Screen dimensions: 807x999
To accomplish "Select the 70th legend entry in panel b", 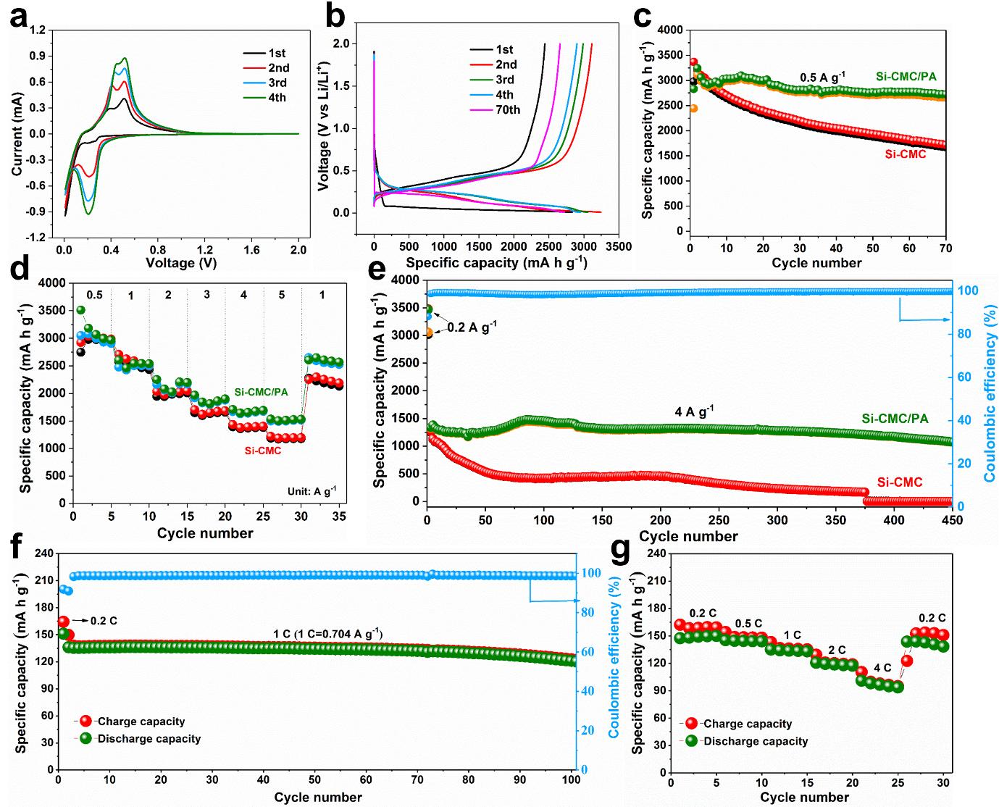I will (504, 110).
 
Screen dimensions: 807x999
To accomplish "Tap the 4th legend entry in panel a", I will (277, 98).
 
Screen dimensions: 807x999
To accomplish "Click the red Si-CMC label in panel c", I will (905, 154).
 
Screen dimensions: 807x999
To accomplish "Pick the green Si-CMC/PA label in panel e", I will (895, 419).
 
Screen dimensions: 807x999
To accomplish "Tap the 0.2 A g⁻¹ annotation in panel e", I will (472, 327).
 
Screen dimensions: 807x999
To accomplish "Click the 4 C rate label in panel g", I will (882, 668).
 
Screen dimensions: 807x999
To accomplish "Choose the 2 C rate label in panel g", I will (837, 650).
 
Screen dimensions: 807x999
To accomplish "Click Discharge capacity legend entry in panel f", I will (149, 739).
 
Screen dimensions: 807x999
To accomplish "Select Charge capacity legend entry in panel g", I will (748, 724).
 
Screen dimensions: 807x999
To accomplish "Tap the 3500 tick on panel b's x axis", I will (619, 246).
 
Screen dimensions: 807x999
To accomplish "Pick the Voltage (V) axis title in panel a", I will (181, 263).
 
